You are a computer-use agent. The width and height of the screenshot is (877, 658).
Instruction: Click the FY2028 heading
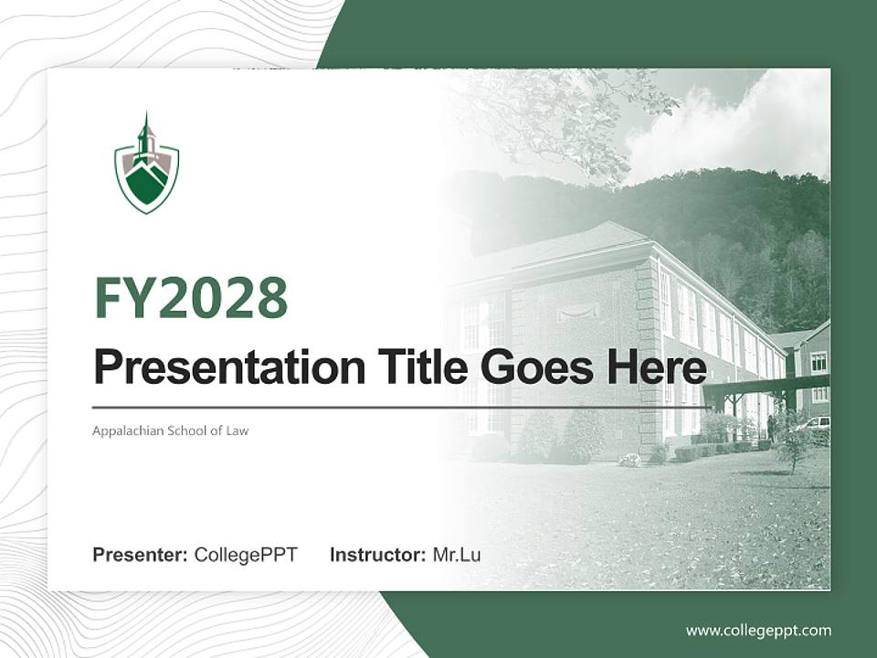tap(191, 298)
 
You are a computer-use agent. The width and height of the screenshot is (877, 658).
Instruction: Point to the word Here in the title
tap(655, 367)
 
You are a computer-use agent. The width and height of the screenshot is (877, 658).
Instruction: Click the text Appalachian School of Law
tap(170, 430)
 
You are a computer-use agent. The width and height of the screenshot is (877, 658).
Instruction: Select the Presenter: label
tap(141, 555)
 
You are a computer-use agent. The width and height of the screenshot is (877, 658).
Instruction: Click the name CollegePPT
tap(246, 555)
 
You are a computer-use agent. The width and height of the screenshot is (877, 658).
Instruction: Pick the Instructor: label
tap(377, 555)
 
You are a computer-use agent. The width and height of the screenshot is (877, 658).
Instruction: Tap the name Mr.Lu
tap(457, 555)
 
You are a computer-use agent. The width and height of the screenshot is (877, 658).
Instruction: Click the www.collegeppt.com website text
tap(758, 631)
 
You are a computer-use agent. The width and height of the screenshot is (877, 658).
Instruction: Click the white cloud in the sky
tap(731, 128)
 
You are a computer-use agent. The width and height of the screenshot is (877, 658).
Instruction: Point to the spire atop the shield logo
tap(145, 128)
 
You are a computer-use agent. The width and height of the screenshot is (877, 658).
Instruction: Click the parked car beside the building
tap(816, 423)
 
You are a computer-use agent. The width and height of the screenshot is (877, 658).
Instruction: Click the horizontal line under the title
tap(402, 407)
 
